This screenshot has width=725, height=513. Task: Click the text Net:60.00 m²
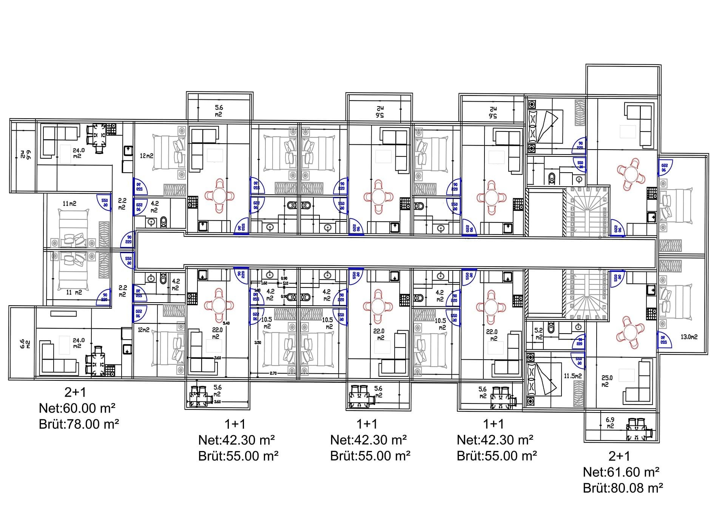(77, 408)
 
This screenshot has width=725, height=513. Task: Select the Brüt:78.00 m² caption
(79, 424)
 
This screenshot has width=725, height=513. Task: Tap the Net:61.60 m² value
(621, 472)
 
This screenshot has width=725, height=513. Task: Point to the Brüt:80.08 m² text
(623, 488)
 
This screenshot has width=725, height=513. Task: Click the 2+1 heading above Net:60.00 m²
(75, 392)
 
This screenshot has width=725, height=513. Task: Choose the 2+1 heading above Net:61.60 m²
(619, 456)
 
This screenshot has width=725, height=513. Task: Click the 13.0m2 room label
(689, 337)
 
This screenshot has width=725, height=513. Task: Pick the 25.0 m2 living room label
(607, 381)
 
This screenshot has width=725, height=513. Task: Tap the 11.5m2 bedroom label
(572, 376)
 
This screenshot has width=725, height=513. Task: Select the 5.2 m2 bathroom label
(538, 334)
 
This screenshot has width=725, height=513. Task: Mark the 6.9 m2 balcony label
(610, 423)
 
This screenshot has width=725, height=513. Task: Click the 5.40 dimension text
(226, 323)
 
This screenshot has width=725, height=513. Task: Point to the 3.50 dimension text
(258, 343)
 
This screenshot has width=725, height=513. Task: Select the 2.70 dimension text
(273, 373)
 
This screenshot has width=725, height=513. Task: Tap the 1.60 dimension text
(264, 283)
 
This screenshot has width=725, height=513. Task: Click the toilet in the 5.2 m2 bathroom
(551, 327)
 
